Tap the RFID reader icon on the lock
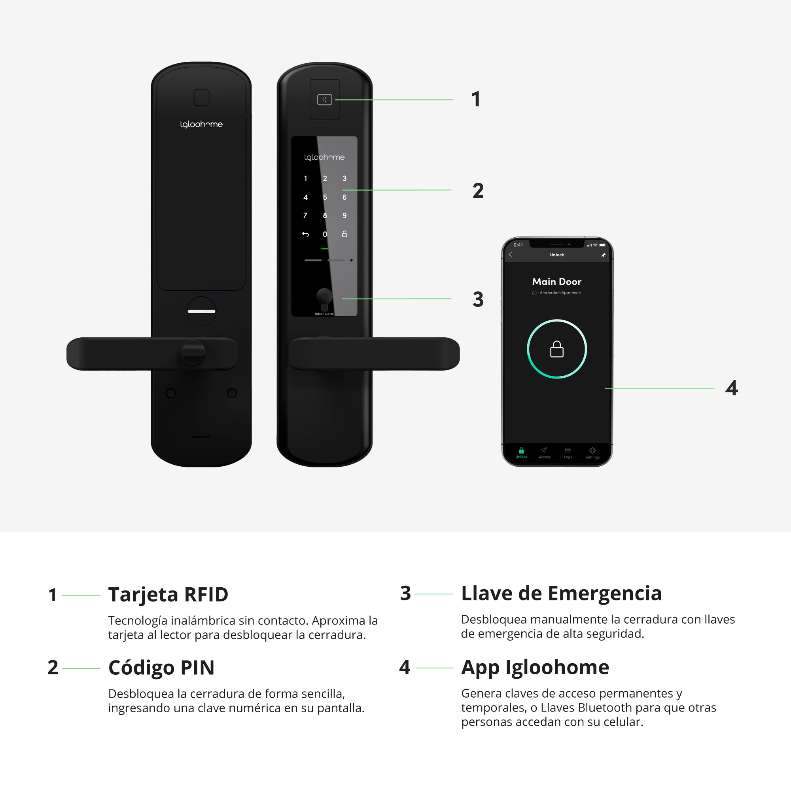click(324, 100)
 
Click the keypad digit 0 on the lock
click(325, 234)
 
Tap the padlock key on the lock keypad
click(344, 234)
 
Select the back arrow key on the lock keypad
click(305, 234)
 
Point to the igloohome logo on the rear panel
click(201, 124)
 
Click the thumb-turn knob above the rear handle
click(201, 311)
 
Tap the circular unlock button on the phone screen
click(556, 349)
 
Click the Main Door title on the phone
click(556, 282)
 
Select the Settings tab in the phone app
click(592, 453)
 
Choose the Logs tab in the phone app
click(568, 453)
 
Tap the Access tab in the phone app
click(544, 453)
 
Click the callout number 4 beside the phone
click(731, 388)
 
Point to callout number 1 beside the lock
click(475, 99)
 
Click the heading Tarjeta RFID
click(168, 594)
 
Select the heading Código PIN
click(161, 668)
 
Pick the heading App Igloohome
click(535, 667)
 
